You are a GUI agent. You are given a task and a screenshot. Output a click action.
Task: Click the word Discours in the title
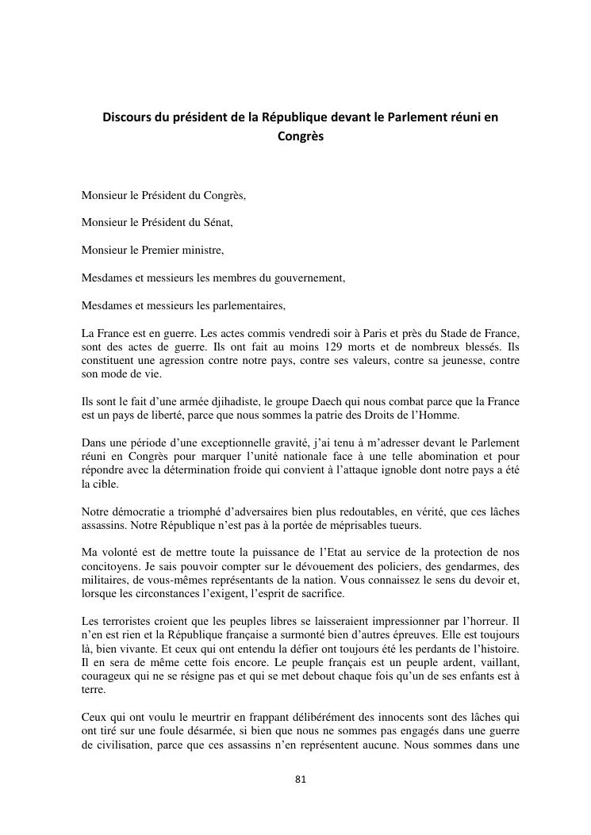click(128, 117)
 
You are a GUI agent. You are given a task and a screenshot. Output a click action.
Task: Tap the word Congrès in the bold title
click(301, 136)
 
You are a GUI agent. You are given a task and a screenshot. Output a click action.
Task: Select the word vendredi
click(290, 334)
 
